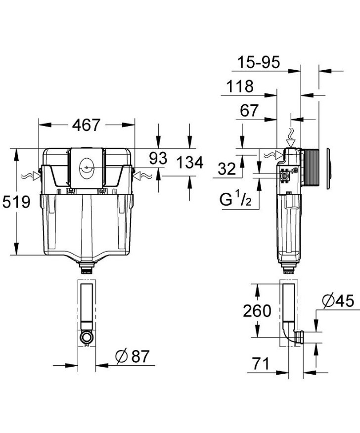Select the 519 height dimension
click(16, 202)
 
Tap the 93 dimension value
click(159, 158)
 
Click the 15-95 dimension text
click(258, 62)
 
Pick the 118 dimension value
click(240, 87)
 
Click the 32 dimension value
click(227, 169)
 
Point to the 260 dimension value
click(257, 311)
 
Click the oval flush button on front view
click(87, 168)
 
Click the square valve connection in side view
click(285, 175)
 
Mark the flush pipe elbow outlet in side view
click(298, 339)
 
